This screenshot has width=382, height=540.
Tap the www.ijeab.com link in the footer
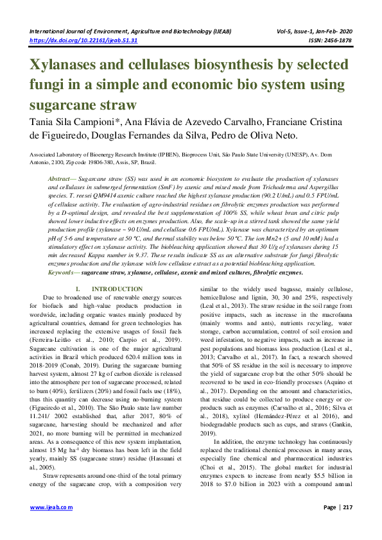[x=51, y=525]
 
